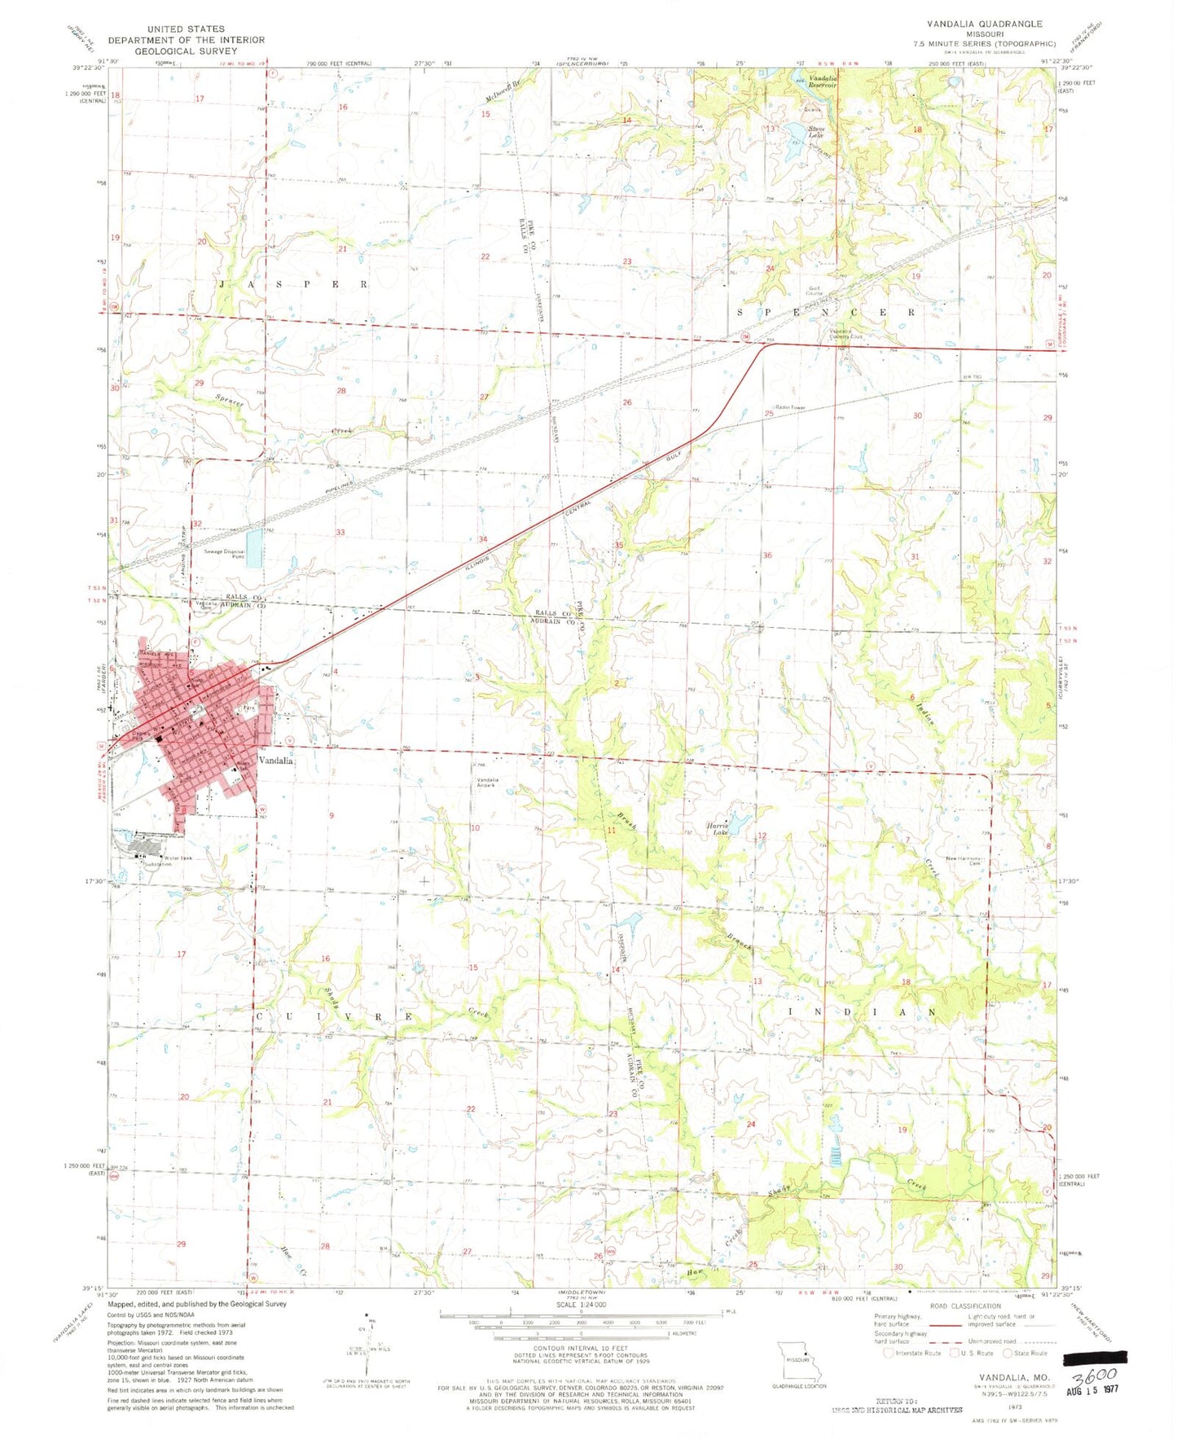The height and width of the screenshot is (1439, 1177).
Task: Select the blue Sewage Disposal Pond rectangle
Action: tap(255, 548)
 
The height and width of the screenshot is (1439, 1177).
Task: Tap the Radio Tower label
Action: tap(790, 407)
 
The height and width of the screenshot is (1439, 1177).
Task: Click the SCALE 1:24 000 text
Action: tap(582, 1304)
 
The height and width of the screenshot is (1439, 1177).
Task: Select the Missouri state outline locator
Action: tap(798, 1361)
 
